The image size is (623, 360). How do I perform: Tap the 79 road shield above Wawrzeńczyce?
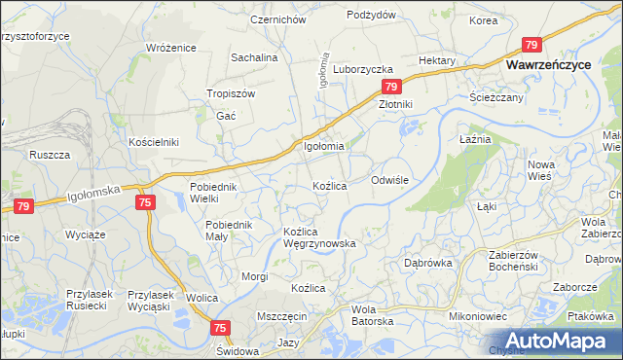(531, 45)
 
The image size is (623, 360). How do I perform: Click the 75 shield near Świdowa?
(219, 329)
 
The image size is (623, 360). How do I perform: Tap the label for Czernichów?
(278, 19)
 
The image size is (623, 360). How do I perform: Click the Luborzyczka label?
(362, 70)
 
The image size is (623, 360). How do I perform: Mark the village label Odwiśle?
(395, 181)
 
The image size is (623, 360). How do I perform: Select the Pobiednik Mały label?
(230, 231)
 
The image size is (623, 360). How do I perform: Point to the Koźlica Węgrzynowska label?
(318, 237)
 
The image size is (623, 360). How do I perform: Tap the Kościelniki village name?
(154, 142)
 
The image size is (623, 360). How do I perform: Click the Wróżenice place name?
(170, 48)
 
